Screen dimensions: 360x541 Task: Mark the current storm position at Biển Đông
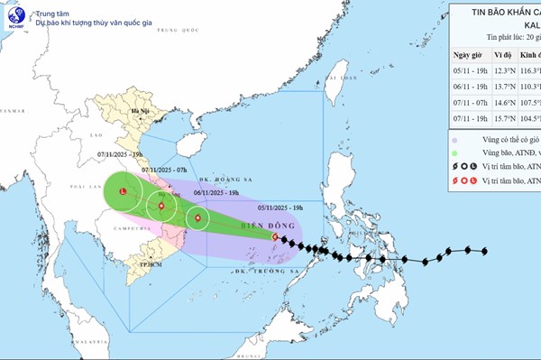click(276, 236)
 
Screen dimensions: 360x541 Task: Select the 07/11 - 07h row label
click(469, 102)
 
